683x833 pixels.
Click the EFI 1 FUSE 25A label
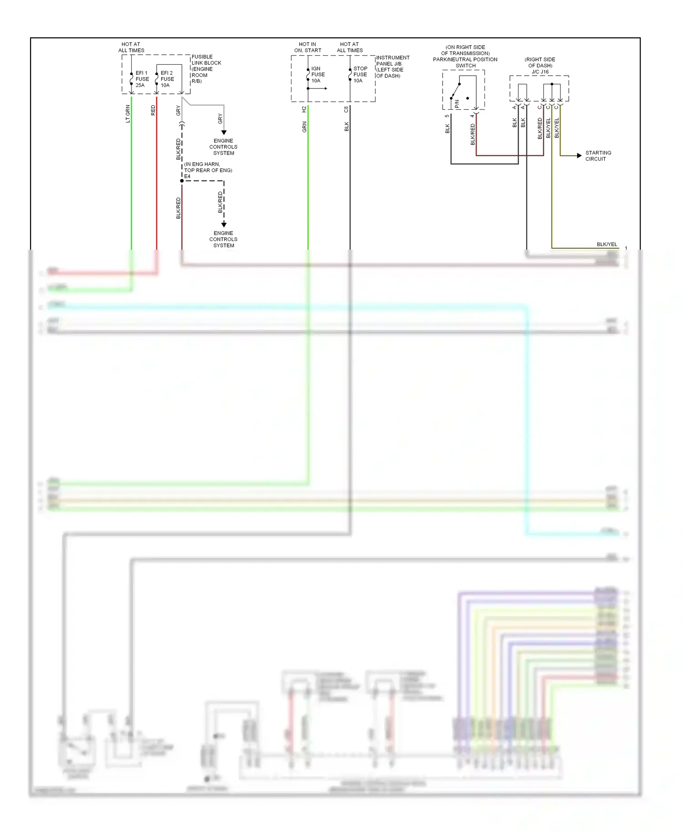point(142,79)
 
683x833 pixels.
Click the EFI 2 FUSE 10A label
point(167,79)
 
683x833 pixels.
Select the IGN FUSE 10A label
point(318,74)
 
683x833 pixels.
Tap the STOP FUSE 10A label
point(360,74)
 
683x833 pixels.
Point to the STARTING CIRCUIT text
point(598,156)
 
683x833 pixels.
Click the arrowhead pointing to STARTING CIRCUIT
point(579,156)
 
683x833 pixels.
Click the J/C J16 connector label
point(540,72)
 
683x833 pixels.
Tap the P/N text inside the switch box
point(457,104)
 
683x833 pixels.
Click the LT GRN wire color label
point(128,113)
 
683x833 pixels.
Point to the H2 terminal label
point(304,109)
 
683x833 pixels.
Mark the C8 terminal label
point(346,109)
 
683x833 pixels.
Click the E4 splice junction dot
point(182,181)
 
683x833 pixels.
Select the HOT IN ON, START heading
point(307,47)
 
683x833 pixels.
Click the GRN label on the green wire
point(304,127)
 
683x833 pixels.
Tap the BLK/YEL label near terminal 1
point(607,244)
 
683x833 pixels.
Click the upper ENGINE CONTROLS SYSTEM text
point(223,147)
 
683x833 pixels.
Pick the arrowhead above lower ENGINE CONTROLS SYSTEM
point(224,224)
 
